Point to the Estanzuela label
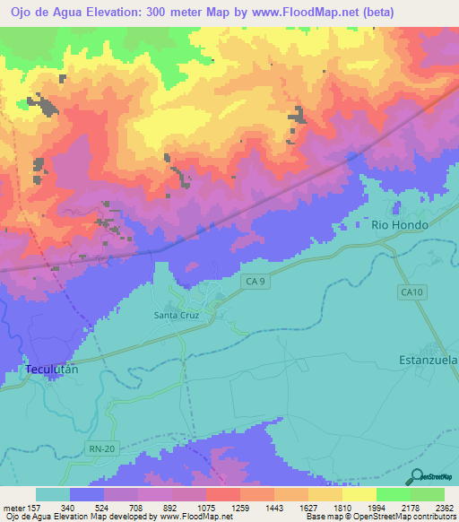coord(428,360)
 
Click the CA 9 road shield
coord(255,282)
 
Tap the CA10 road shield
coord(411,291)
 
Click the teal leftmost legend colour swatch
coord(53,494)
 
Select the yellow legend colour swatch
coord(359,494)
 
